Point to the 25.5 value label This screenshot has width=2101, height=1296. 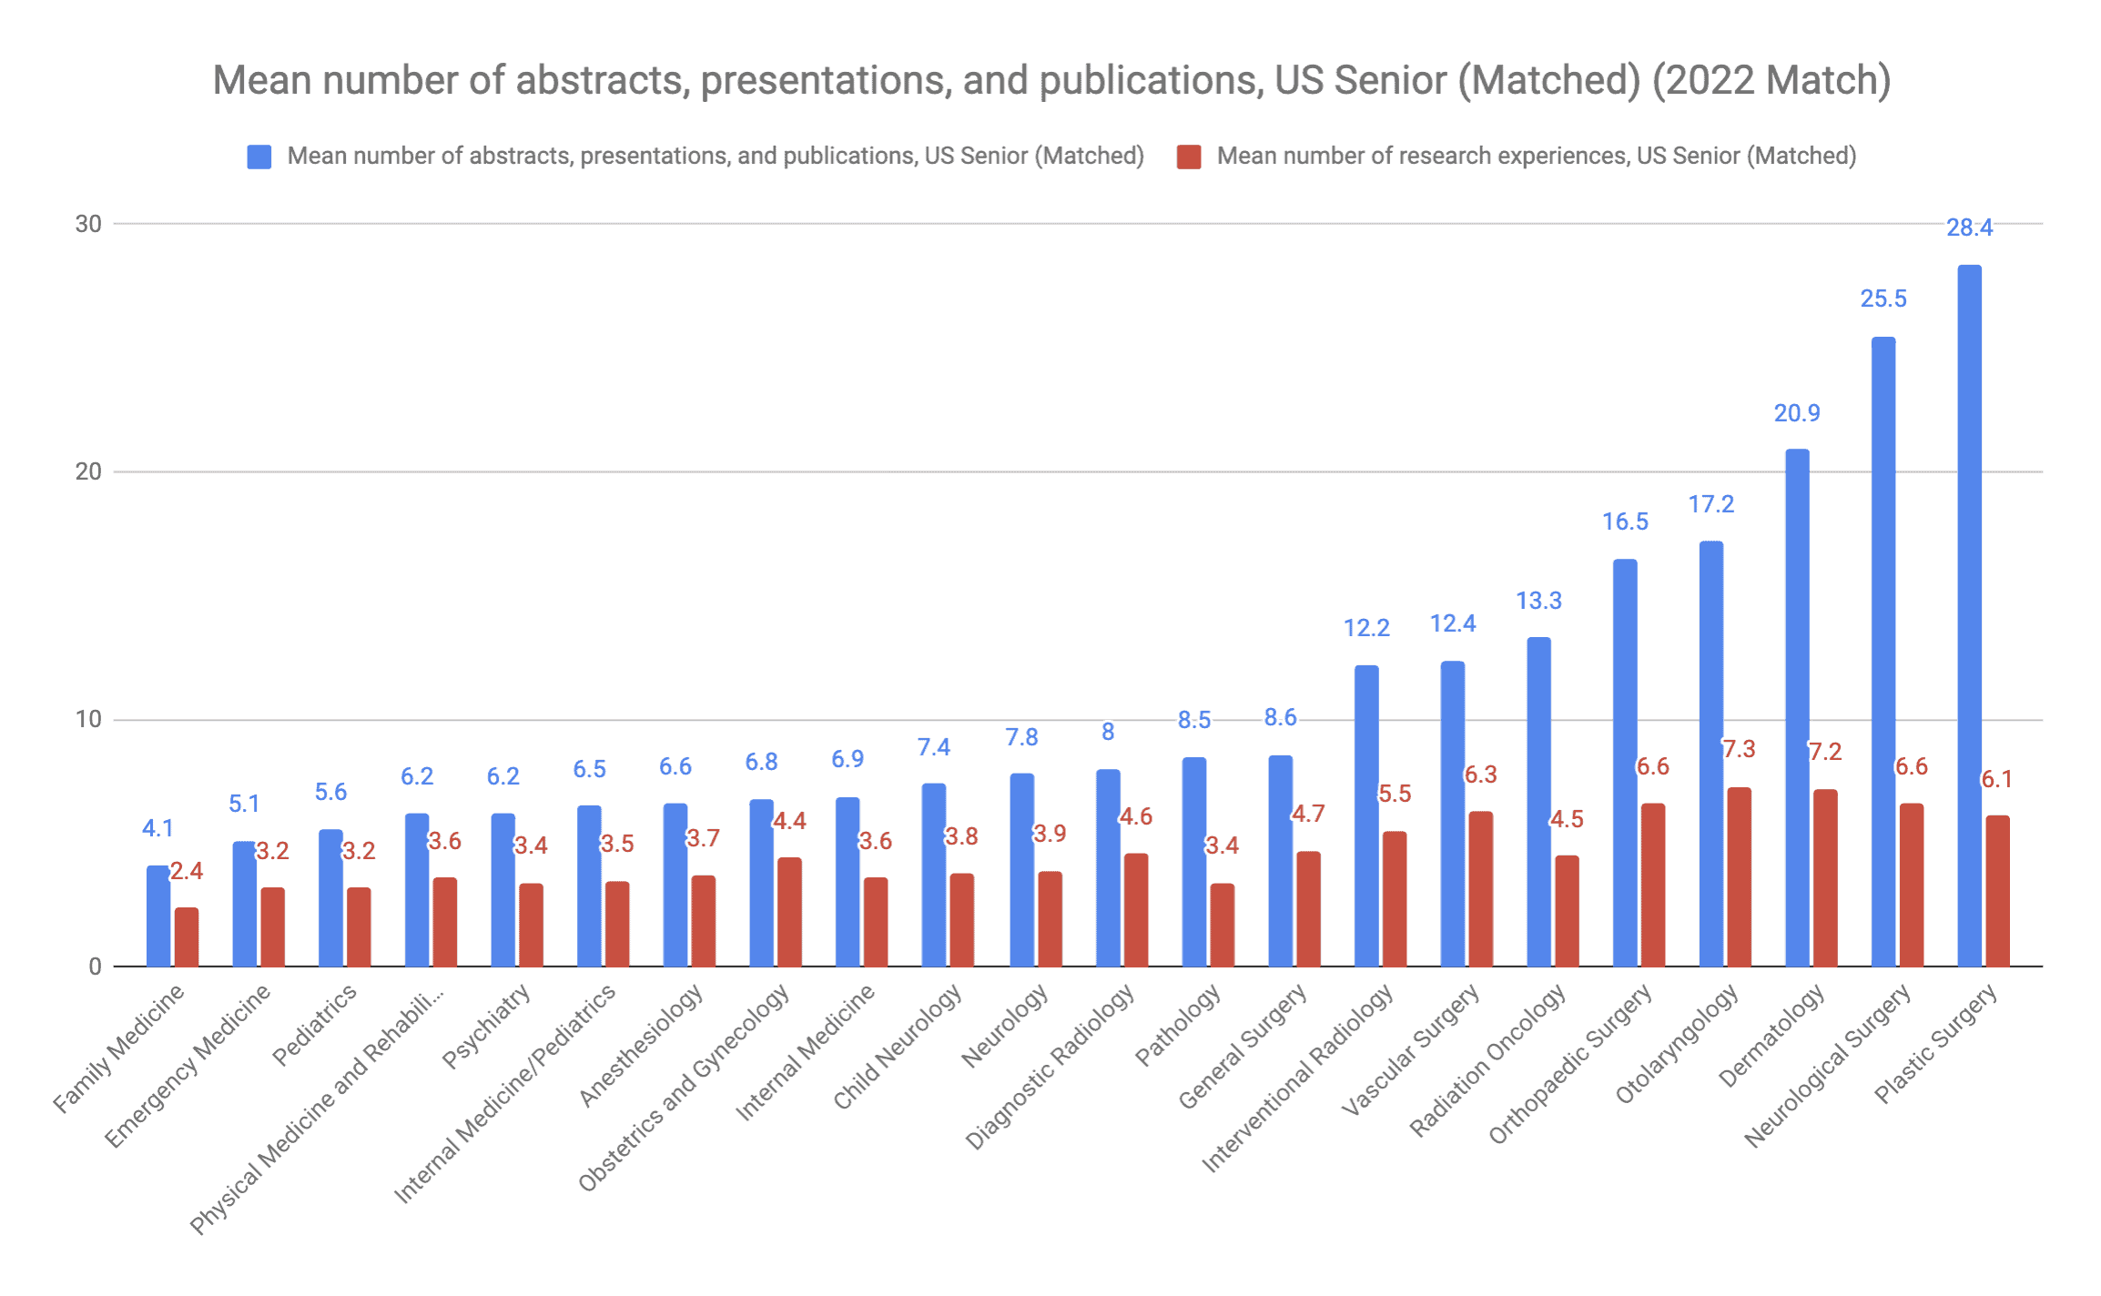tap(1883, 299)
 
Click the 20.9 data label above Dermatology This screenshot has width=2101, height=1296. tap(1796, 413)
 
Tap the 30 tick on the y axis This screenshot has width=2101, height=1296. tap(88, 224)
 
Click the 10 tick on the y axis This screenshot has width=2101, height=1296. tap(88, 720)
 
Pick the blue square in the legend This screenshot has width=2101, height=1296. tap(259, 157)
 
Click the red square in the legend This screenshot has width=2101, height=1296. tap(1189, 157)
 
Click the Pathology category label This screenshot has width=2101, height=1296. tap(1179, 1026)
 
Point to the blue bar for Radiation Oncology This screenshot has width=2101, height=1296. tap(1538, 801)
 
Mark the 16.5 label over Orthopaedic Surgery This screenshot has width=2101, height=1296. tap(1625, 521)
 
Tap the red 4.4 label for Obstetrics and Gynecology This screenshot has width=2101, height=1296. tap(789, 821)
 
